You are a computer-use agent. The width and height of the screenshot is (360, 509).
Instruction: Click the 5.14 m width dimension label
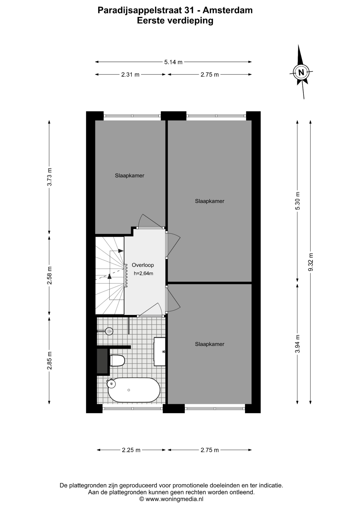pyautogui.click(x=173, y=62)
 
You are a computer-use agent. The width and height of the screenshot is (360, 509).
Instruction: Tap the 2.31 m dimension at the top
pyautogui.click(x=130, y=75)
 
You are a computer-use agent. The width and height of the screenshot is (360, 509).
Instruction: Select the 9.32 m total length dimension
pyautogui.click(x=311, y=262)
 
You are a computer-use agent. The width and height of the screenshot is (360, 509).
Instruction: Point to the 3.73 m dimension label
pyautogui.click(x=49, y=177)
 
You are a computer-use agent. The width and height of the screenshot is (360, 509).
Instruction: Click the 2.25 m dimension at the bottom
pyautogui.click(x=131, y=450)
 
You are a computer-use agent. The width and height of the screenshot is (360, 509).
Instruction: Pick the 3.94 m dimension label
pyautogui.click(x=298, y=344)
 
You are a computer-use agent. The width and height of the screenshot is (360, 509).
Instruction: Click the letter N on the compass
pyautogui.click(x=301, y=72)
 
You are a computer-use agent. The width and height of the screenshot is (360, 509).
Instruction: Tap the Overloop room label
pyautogui.click(x=143, y=265)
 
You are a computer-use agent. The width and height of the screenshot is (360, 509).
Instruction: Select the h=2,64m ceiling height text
pyautogui.click(x=143, y=274)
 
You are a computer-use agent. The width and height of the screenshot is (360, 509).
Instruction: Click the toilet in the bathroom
pyautogui.click(x=117, y=361)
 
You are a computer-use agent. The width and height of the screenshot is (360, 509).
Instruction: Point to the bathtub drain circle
pyautogui.click(x=129, y=390)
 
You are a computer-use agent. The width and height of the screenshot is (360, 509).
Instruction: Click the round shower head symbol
pyautogui.click(x=109, y=331)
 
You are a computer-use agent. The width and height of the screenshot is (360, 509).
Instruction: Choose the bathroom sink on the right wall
pyautogui.click(x=160, y=352)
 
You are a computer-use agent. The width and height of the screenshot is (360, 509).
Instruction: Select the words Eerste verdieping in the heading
pyautogui.click(x=175, y=20)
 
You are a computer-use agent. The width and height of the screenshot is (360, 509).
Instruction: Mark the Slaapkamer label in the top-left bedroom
pyautogui.click(x=130, y=175)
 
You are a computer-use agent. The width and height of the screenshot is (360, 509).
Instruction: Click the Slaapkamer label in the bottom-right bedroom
pyautogui.click(x=210, y=344)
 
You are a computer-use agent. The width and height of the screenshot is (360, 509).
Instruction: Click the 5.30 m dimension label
pyautogui.click(x=298, y=201)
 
